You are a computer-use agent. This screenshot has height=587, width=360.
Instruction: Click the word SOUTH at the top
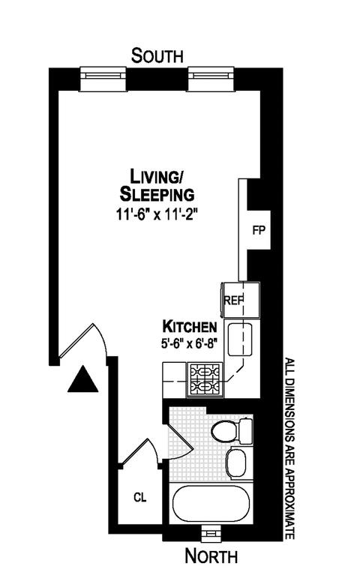tap(157, 55)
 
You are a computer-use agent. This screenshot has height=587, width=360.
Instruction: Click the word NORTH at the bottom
tap(211, 556)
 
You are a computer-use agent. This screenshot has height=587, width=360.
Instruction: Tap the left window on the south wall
tap(103, 79)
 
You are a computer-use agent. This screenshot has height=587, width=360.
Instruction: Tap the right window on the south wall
tap(211, 79)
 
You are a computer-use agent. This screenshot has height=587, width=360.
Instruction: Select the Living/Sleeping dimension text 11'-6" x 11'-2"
tap(157, 215)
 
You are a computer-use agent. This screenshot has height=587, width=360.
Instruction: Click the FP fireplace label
tap(259, 230)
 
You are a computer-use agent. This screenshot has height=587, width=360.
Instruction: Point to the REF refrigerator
tap(241, 300)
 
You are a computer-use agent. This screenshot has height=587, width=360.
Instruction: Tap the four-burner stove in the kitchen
tap(205, 379)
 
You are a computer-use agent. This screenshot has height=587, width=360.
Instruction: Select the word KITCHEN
tap(190, 327)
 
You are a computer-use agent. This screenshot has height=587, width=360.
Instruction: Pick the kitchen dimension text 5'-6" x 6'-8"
tap(190, 343)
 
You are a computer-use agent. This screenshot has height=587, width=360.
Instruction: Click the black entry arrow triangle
tap(82, 379)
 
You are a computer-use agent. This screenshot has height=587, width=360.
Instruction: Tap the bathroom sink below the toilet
tap(236, 463)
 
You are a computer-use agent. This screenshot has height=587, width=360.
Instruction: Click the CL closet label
tap(140, 498)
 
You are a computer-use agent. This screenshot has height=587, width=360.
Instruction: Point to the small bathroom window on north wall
tap(211, 533)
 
